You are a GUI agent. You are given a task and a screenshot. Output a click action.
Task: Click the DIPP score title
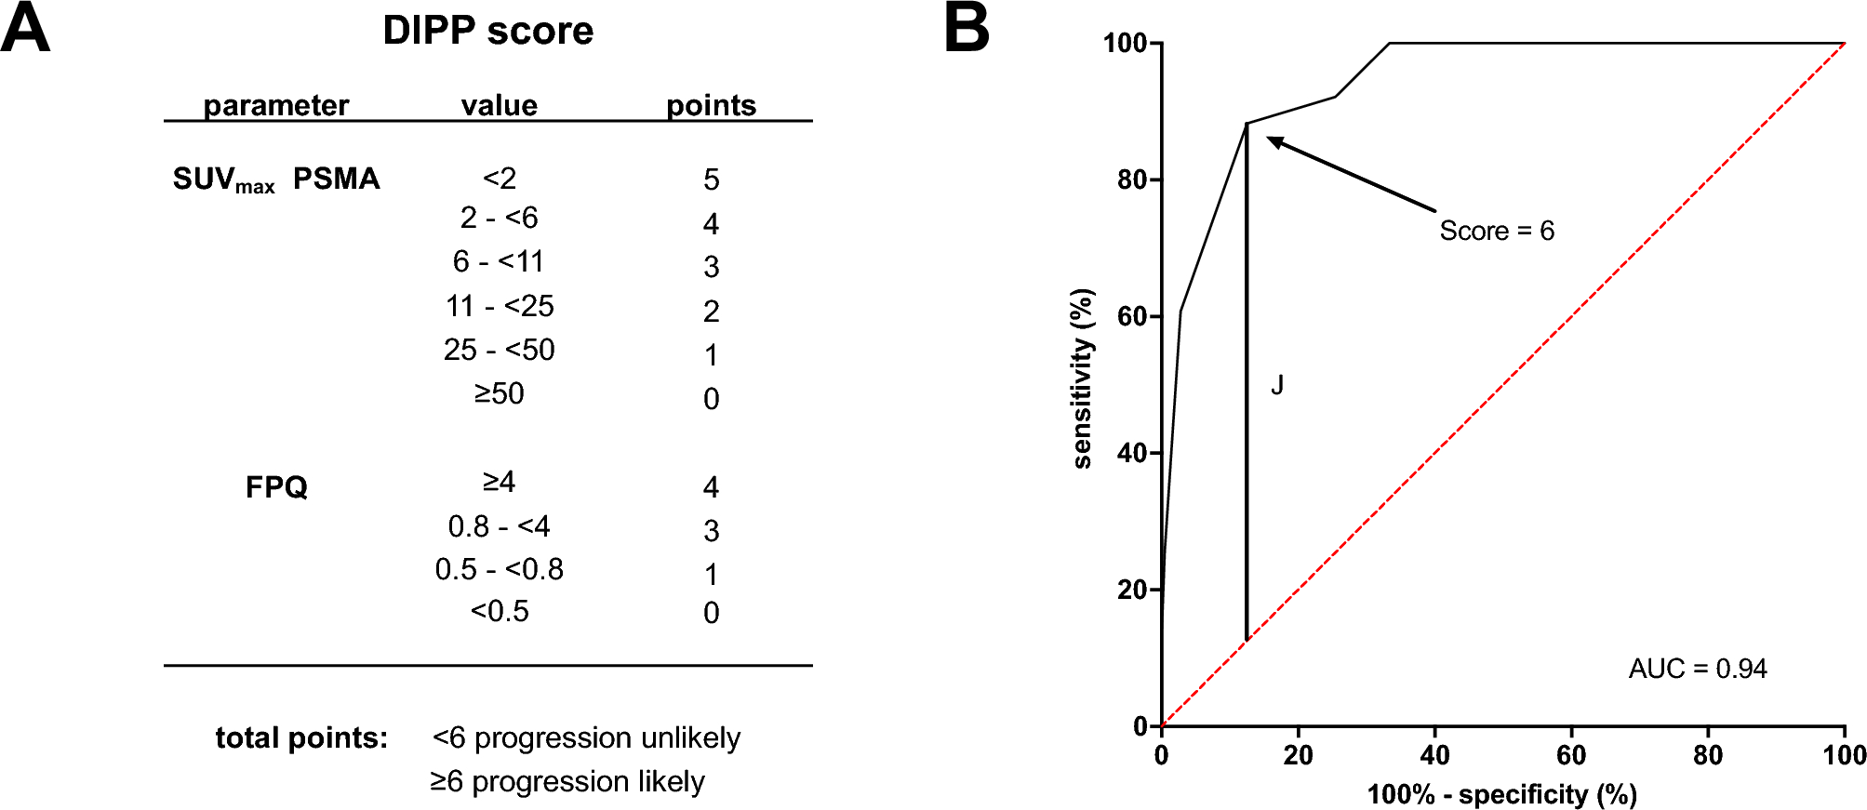[487, 31]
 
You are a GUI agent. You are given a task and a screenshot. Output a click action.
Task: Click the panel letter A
[25, 29]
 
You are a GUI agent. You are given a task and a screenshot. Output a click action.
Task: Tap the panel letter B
[967, 29]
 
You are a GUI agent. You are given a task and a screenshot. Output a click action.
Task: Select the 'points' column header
[711, 105]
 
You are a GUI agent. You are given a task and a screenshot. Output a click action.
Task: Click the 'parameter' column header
[275, 105]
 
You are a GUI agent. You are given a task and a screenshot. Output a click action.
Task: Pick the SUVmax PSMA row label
[276, 179]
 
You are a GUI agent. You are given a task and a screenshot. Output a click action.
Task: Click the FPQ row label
[276, 486]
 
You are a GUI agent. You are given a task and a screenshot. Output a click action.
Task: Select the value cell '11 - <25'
[500, 306]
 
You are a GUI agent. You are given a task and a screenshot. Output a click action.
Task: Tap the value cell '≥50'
[500, 393]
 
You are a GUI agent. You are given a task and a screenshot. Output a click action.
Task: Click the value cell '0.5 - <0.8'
[500, 569]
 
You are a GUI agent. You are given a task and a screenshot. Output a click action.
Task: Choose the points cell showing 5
[711, 179]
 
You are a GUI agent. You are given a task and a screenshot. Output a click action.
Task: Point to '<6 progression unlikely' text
[586, 737]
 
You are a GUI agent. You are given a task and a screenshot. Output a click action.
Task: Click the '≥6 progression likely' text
[567, 781]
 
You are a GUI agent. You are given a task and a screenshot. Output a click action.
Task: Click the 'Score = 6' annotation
[1497, 231]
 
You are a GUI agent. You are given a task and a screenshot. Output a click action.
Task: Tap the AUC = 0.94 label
[1697, 669]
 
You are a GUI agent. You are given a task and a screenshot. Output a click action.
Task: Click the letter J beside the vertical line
[1277, 385]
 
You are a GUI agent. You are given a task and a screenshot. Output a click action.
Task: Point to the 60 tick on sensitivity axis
[1132, 316]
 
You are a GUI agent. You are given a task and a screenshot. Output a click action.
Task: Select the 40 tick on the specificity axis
[1434, 755]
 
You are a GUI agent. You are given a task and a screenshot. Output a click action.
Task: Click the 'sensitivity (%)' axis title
[1082, 378]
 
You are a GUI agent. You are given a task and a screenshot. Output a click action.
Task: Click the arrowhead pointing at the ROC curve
[1274, 140]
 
